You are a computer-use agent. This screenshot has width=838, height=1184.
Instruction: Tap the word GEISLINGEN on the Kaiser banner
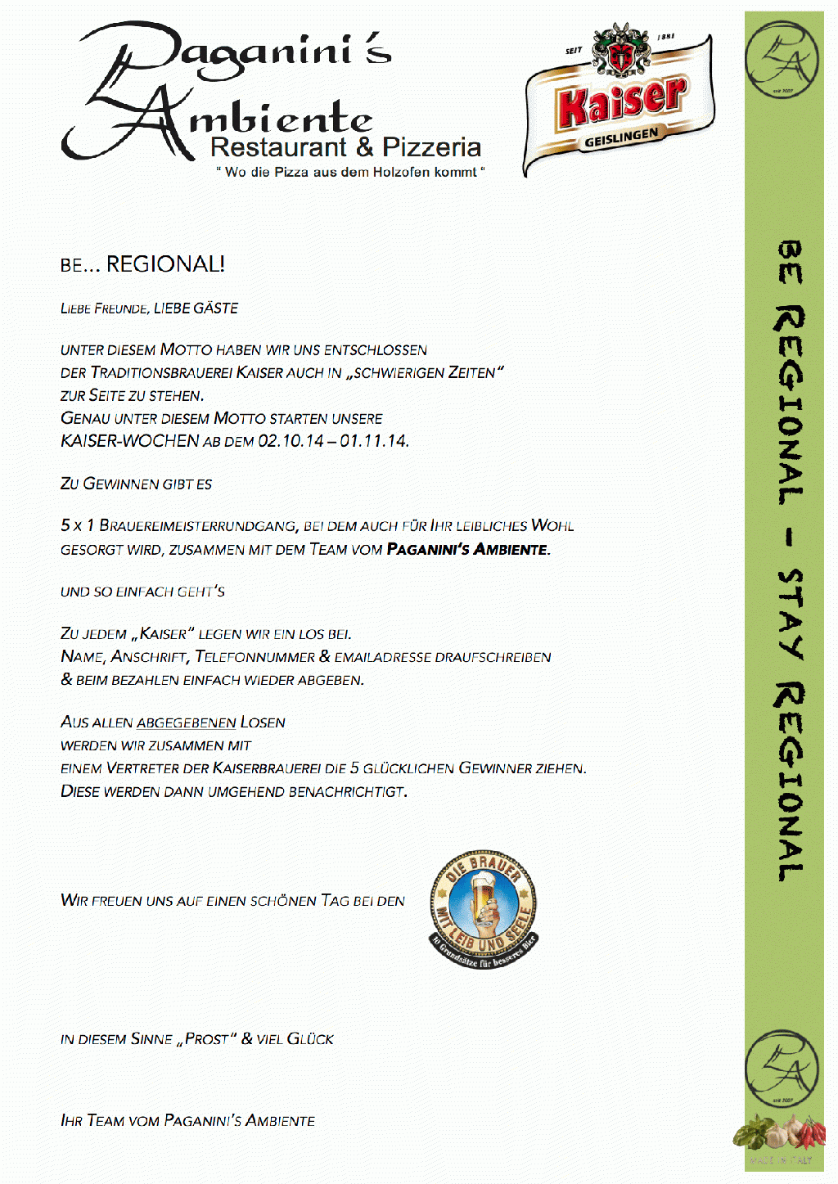point(620,137)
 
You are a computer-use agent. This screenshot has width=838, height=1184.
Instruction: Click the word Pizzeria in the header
point(431,147)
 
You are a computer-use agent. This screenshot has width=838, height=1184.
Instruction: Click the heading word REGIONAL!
point(165,264)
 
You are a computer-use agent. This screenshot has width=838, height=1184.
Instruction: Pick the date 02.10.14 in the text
point(291,441)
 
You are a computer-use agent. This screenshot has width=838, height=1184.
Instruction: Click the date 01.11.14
point(374,441)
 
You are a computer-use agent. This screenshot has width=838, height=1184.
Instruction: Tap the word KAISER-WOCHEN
point(129,441)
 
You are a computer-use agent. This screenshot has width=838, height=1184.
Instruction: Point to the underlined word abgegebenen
point(186,723)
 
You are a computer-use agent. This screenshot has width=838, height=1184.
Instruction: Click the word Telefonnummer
point(255,657)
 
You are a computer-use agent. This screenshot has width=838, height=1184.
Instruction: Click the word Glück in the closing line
point(310,1039)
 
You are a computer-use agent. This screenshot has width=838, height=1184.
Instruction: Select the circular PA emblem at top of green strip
point(782,60)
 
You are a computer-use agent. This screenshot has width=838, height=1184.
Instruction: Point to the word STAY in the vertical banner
point(790,614)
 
